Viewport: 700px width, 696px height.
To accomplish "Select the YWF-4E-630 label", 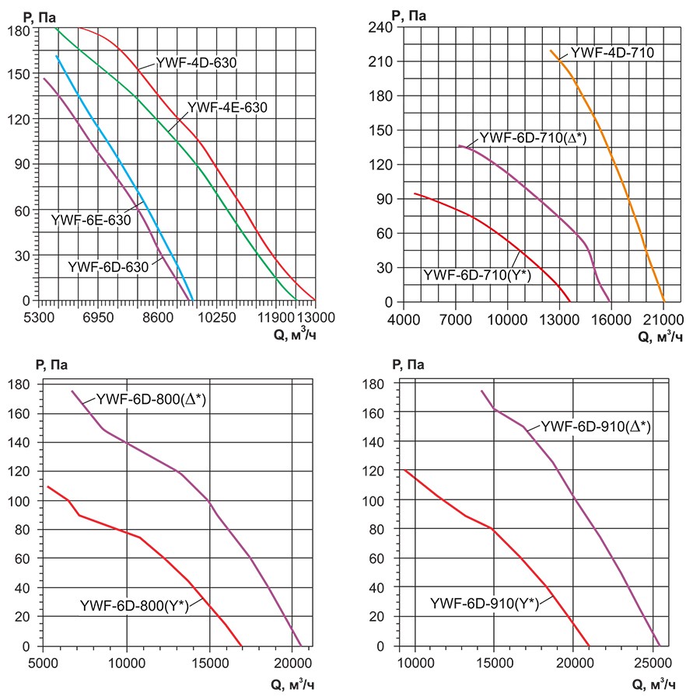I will pyautogui.click(x=227, y=108).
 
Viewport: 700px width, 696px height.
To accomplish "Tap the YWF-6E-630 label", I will pyautogui.click(x=90, y=220).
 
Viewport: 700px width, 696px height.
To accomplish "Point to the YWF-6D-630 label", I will pyautogui.click(x=108, y=266).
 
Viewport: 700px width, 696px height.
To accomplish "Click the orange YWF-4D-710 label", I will pyautogui.click(x=612, y=53).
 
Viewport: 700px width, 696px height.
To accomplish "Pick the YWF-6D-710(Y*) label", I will pyautogui.click(x=477, y=274).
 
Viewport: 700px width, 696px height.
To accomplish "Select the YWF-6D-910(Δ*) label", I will pyautogui.click(x=595, y=426).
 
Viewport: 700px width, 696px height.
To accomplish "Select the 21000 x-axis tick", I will pyautogui.click(x=663, y=318).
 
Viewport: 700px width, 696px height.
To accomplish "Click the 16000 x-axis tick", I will pyautogui.click(x=611, y=318).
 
